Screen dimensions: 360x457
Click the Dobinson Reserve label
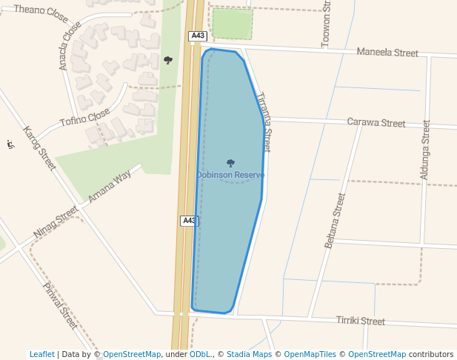tap(230, 175)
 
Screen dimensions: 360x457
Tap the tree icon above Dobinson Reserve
tap(230, 163)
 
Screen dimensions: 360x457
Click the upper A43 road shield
tap(196, 36)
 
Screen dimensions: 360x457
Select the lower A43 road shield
tap(189, 221)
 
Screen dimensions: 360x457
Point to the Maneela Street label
tap(387, 53)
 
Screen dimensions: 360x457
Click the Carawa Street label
tap(376, 123)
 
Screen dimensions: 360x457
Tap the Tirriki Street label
tap(361, 321)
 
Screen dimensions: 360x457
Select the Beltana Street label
tap(336, 221)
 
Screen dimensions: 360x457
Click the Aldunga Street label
tap(424, 150)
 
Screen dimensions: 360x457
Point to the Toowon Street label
tap(325, 24)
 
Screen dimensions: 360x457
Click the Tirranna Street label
tap(263, 122)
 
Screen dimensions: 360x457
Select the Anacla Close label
tap(70, 45)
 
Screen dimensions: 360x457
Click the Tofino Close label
tap(84, 119)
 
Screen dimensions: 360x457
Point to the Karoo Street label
tap(39, 148)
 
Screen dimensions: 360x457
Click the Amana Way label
tap(110, 187)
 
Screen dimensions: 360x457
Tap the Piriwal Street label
tap(60, 305)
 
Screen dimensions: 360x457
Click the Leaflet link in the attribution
tap(41, 354)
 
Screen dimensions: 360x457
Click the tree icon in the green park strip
tap(168, 60)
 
